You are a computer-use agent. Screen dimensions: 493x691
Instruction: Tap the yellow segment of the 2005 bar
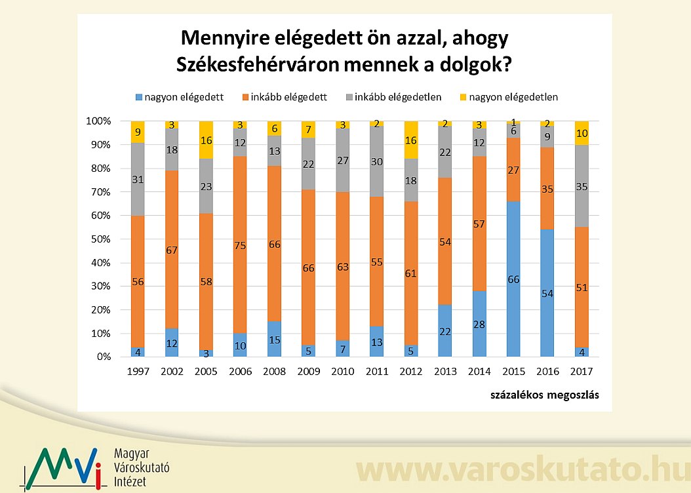pyautogui.click(x=206, y=140)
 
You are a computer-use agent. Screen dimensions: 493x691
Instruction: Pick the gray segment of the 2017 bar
pyautogui.click(x=582, y=186)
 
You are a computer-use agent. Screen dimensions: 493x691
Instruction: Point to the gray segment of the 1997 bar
pyautogui.click(x=138, y=179)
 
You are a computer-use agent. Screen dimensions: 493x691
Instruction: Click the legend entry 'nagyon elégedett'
pyautogui.click(x=179, y=97)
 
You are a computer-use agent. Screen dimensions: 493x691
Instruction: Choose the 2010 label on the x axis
pyautogui.click(x=342, y=371)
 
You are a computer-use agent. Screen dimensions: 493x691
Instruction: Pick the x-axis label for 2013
pyautogui.click(x=445, y=371)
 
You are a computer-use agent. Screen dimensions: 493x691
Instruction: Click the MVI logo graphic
pyautogui.click(x=62, y=467)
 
